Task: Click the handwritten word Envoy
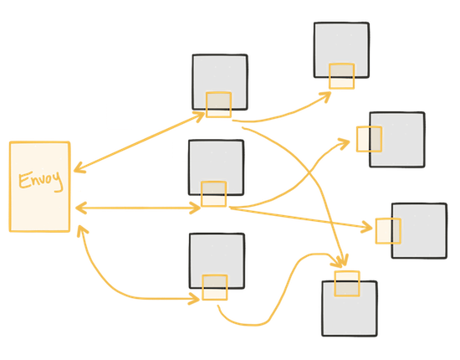click(x=41, y=180)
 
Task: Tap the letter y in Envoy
click(x=59, y=182)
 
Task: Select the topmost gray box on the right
click(x=341, y=50)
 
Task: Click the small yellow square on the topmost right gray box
click(x=341, y=76)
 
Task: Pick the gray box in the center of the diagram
click(x=217, y=167)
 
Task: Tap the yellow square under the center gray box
click(x=213, y=193)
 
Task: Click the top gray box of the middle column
click(x=220, y=82)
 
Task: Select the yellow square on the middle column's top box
click(x=218, y=105)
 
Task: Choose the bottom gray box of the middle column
click(x=217, y=261)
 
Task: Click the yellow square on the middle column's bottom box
click(x=215, y=287)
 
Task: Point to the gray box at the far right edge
click(x=419, y=231)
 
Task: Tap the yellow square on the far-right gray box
click(x=388, y=231)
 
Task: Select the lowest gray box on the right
click(x=350, y=308)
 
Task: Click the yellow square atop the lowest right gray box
click(x=347, y=284)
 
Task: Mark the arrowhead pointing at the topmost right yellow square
click(x=325, y=97)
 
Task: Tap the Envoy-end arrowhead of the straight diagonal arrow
click(x=79, y=168)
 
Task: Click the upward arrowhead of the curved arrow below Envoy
click(x=82, y=231)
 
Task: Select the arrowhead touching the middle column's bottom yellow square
click(x=194, y=299)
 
